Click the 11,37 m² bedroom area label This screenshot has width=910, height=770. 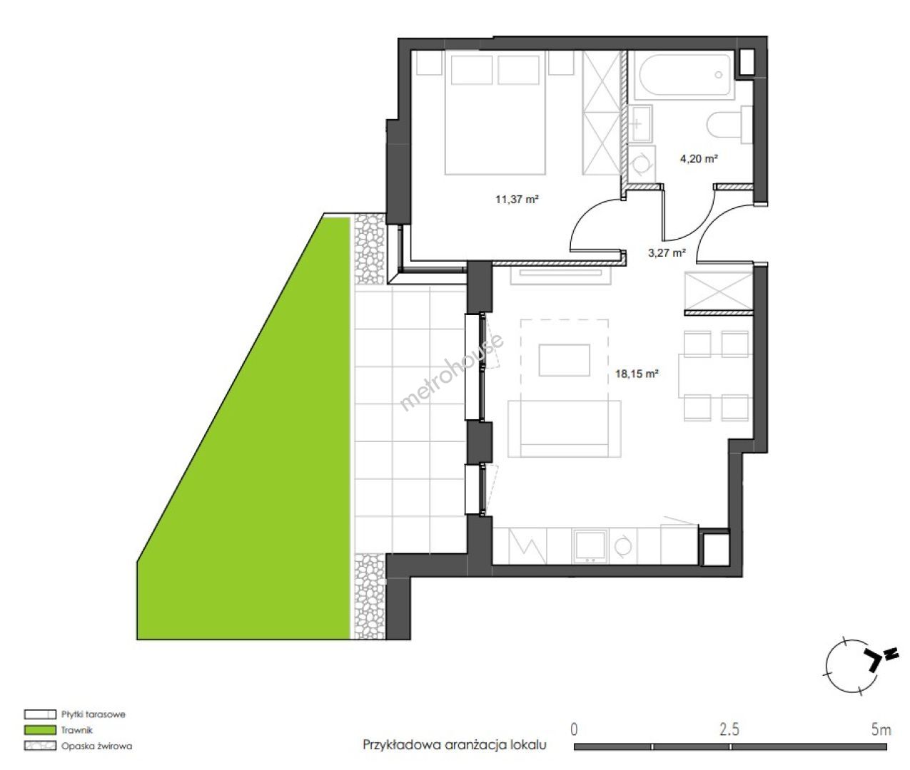point(517,199)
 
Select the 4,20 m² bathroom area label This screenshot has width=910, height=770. point(699,158)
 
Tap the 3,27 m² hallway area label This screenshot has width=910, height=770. point(667,253)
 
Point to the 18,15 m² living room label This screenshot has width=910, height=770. point(637,374)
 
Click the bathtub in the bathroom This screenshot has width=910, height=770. point(684,75)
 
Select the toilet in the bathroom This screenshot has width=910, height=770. point(729,125)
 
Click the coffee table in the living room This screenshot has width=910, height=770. point(565,360)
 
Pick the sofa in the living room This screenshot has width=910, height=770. point(565,428)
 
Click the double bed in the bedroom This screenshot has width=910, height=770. point(495,113)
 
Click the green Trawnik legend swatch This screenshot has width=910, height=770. point(40,730)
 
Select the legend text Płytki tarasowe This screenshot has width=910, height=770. point(93,714)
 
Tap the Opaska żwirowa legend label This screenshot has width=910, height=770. point(97,746)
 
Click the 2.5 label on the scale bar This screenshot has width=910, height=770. point(729,729)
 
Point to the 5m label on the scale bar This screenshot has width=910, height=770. point(881,729)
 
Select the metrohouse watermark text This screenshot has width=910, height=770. point(451,372)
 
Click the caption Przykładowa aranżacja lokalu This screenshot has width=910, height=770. point(455,745)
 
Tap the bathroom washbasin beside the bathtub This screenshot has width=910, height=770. point(639,123)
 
